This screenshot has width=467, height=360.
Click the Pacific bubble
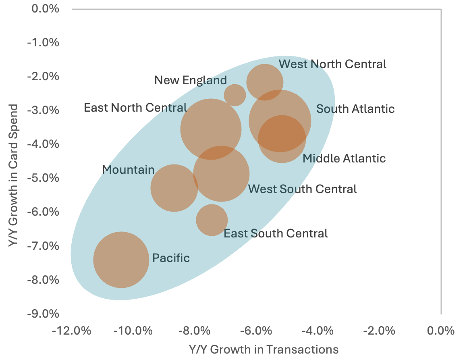tap(121, 260)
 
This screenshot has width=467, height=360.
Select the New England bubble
tap(235, 95)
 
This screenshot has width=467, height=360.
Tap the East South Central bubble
tap(212, 220)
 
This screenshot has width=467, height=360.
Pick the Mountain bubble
tap(174, 188)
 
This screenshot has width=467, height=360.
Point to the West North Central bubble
tap(265, 82)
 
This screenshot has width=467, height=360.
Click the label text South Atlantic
tap(355, 109)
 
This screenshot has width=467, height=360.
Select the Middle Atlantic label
tap(344, 158)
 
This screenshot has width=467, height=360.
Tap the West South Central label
tap(302, 189)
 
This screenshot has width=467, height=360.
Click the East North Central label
tap(135, 108)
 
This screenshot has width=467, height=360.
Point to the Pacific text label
tap(171, 258)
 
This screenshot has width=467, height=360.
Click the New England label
tap(191, 80)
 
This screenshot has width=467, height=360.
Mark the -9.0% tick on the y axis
tap(43, 314)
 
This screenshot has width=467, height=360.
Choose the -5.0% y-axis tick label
tap(43, 178)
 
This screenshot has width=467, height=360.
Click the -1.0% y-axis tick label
tap(43, 42)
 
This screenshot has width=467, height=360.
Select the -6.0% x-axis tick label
tap(257, 331)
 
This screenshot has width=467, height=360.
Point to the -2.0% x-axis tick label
tap(380, 331)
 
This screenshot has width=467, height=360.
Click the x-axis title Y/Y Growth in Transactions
tap(263, 349)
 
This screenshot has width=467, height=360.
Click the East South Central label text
tap(276, 233)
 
